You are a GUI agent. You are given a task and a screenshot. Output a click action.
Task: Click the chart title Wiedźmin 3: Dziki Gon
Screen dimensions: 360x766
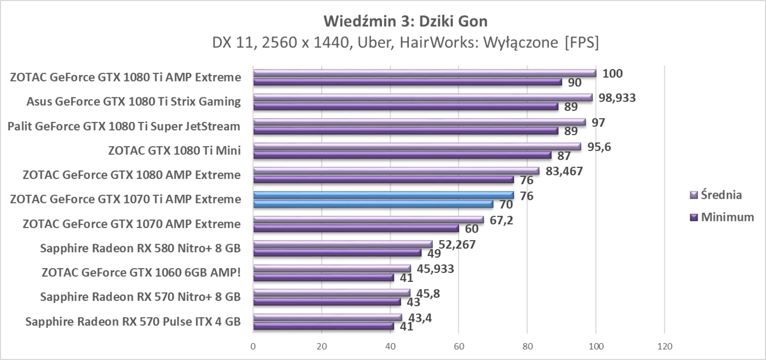pyautogui.click(x=405, y=21)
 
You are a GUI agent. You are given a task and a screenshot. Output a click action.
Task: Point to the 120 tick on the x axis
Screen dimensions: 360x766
pyautogui.click(x=664, y=346)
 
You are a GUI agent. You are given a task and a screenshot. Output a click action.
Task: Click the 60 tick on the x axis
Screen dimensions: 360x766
pyautogui.click(x=459, y=346)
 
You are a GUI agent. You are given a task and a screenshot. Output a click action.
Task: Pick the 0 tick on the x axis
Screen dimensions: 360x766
pyautogui.click(x=253, y=346)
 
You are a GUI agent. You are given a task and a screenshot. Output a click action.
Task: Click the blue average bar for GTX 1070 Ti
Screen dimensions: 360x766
pyautogui.click(x=383, y=195)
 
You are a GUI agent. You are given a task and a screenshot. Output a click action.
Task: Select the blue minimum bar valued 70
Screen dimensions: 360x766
pyautogui.click(x=373, y=204)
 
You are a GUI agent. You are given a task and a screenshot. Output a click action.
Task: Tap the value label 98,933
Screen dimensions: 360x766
pyautogui.click(x=616, y=98)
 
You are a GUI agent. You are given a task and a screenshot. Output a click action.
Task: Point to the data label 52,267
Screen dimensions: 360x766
pyautogui.click(x=456, y=245)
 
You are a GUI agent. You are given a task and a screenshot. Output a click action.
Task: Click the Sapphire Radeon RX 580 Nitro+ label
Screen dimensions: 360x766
pyautogui.click(x=140, y=249)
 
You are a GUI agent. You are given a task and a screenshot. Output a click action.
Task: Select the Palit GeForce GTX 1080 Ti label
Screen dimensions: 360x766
pyautogui.click(x=124, y=126)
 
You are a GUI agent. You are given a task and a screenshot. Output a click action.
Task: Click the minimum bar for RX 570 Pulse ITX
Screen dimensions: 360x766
pyautogui.click(x=323, y=327)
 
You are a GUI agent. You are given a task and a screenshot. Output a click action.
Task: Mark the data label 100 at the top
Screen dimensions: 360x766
pyautogui.click(x=612, y=73)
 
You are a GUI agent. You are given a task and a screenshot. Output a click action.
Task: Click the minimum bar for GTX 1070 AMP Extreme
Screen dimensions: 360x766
pyautogui.click(x=356, y=229)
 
